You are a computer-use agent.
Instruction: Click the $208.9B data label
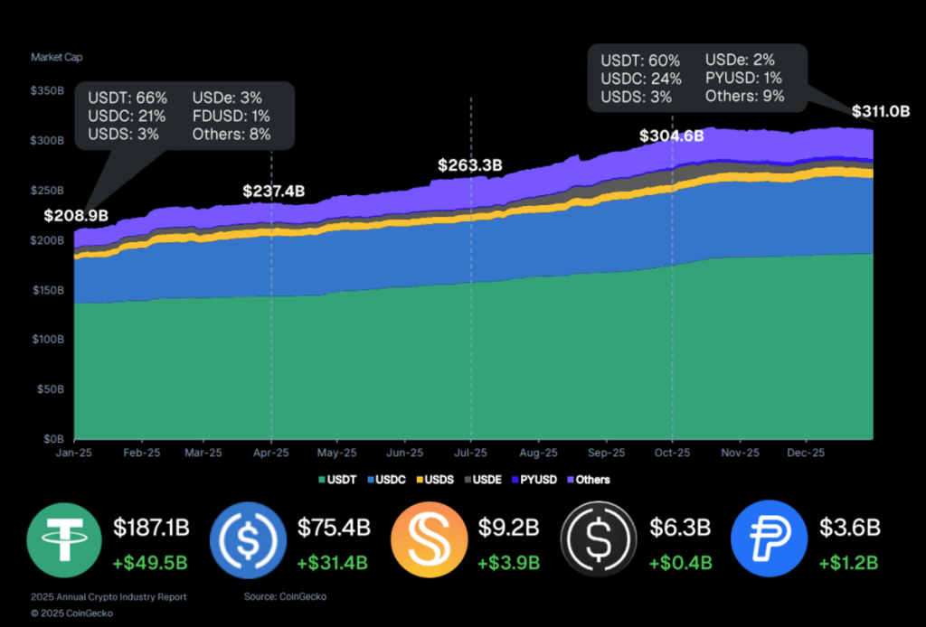76,216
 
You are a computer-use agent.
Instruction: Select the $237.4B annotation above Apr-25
274,192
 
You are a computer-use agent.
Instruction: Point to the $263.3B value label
469,165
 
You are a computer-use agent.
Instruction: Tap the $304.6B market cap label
671,136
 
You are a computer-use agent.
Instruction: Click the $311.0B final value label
880,112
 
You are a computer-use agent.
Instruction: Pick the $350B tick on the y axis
47,91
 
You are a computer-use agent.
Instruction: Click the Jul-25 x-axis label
470,453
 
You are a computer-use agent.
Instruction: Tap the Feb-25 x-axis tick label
142,453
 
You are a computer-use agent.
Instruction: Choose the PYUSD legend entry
535,480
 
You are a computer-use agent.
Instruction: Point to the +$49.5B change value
150,563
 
